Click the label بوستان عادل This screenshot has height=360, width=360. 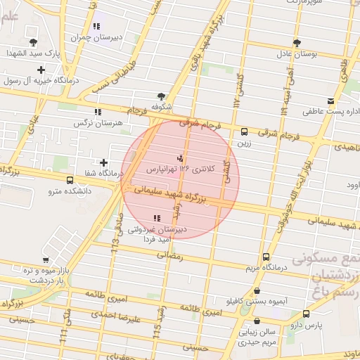[296, 53]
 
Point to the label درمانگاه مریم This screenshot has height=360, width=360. [264, 268]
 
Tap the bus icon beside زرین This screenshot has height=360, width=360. [244, 131]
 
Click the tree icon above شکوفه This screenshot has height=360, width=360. [162, 97]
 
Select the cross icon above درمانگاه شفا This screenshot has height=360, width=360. [104, 162]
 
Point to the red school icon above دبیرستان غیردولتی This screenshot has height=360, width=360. [155, 218]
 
